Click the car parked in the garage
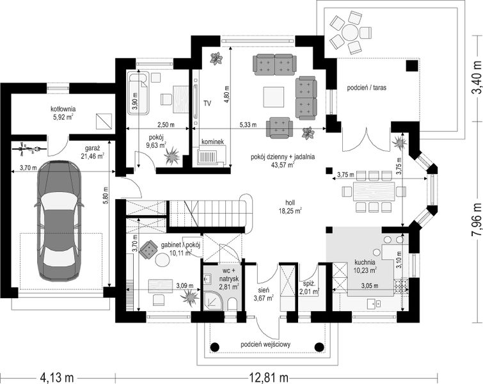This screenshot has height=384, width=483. point(59,221)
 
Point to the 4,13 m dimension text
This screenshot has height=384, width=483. point(56,376)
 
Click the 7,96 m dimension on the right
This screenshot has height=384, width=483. point(476,219)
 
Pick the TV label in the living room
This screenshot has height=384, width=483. point(207,104)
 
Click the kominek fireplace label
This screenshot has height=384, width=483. point(212,141)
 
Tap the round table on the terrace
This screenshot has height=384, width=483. point(350,32)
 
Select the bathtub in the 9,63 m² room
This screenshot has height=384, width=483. point(138,93)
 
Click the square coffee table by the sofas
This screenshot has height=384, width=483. point(273,97)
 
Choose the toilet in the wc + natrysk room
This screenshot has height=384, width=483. point(233,305)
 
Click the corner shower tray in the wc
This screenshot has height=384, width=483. point(213,300)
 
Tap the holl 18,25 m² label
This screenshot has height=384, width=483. point(290,207)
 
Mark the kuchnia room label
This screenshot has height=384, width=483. point(365,266)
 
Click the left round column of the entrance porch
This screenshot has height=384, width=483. point(215,347)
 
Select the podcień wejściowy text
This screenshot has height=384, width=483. point(265,344)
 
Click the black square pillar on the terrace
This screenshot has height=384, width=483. point(411,66)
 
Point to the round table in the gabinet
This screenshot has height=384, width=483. point(162,259)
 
